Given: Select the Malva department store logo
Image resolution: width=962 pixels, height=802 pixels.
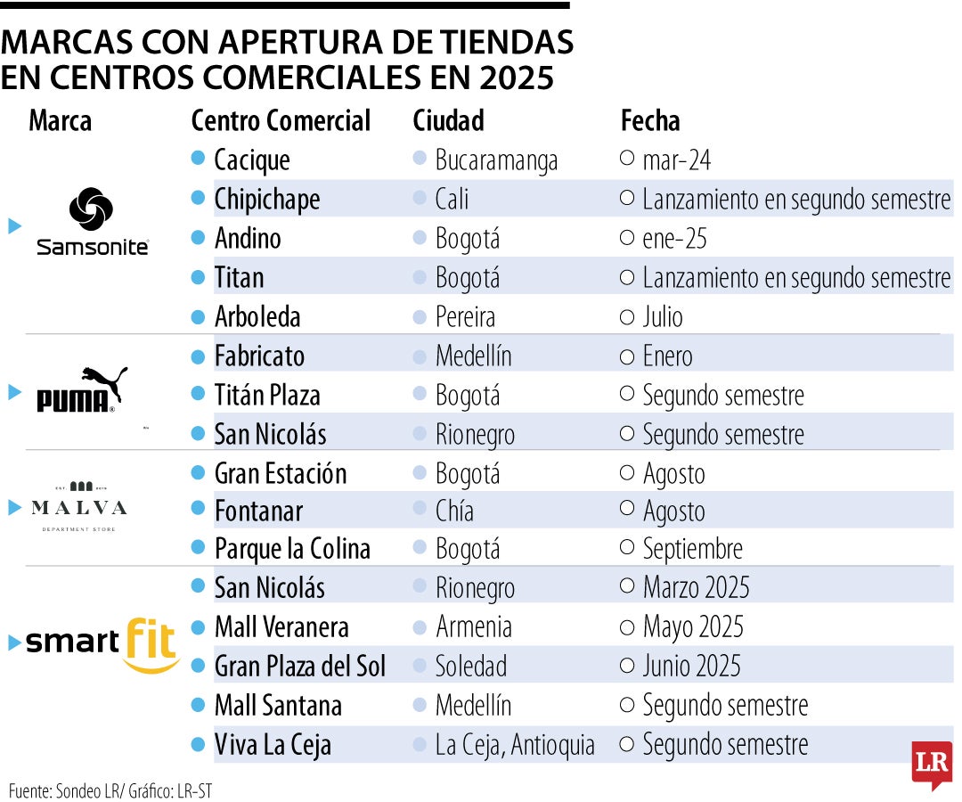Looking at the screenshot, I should (x=78, y=507).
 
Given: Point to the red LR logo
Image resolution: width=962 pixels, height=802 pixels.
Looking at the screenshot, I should (x=931, y=765).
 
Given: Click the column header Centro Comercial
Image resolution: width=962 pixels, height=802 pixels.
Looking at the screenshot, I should (x=281, y=120).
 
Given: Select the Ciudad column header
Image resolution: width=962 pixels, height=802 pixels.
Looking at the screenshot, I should (x=448, y=120).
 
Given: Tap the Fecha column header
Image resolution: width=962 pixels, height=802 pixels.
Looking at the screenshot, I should (x=649, y=120).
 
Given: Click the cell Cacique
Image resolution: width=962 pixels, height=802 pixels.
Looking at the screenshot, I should (x=252, y=160).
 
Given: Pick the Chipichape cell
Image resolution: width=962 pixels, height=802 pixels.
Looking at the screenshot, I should (x=266, y=199).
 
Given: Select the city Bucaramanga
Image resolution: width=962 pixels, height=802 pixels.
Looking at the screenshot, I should (x=496, y=160).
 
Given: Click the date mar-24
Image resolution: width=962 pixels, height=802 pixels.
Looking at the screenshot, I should (x=676, y=160).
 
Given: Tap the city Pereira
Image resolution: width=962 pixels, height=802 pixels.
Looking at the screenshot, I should (x=465, y=317).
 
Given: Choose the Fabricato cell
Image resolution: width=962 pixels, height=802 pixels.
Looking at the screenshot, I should (x=259, y=356).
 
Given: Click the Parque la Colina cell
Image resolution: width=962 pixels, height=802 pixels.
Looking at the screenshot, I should (x=292, y=549).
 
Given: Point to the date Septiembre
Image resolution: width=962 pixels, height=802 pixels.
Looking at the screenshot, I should (x=692, y=549).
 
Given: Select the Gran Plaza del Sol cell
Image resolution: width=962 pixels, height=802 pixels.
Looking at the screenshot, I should (x=300, y=667).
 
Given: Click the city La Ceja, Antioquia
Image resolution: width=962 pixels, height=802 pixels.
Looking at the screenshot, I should (x=515, y=745).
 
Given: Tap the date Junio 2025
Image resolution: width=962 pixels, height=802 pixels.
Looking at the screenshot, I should (x=691, y=667).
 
